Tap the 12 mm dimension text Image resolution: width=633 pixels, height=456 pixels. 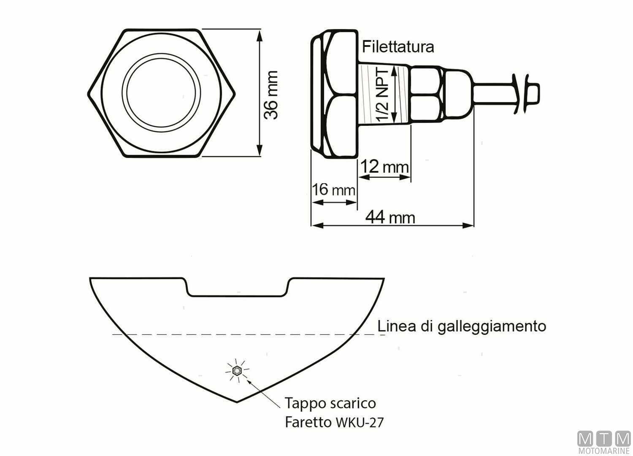click(x=385, y=167)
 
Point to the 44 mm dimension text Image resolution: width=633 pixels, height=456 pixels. click(x=390, y=217)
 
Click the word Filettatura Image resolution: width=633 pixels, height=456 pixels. click(x=398, y=46)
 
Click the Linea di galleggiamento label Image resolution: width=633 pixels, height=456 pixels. click(x=461, y=326)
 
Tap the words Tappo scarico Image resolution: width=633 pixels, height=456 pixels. click(x=330, y=403)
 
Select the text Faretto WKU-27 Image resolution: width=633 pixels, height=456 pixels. click(x=334, y=422)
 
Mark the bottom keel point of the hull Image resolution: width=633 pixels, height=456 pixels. click(x=237, y=402)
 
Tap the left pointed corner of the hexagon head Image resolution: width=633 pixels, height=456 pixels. click(x=88, y=93)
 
